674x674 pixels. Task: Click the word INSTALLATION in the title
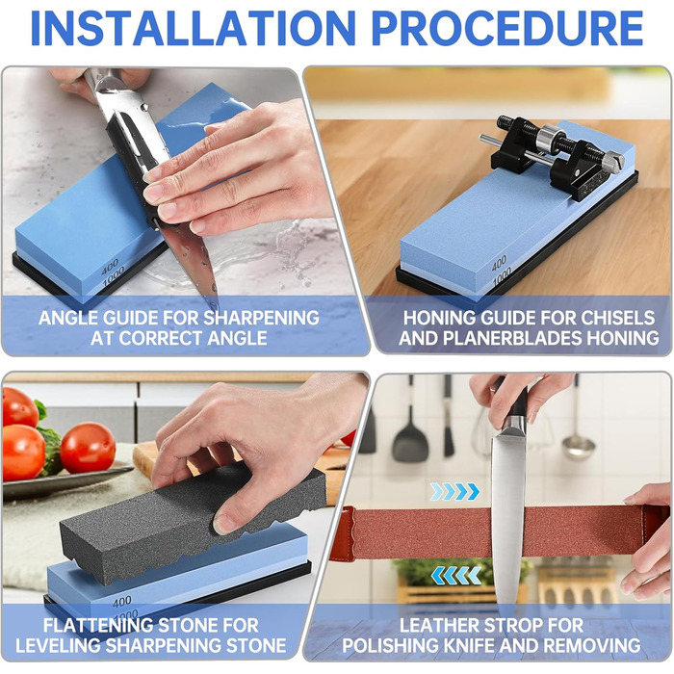pos(193,28)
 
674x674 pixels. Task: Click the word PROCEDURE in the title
pos(507,28)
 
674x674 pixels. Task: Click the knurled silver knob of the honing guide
pos(614,163)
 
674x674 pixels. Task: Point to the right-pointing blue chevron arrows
pos(454,491)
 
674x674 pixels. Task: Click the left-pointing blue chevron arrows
pos(456,575)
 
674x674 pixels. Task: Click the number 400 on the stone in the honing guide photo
pos(499,262)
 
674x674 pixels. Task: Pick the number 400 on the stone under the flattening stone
pos(122,602)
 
